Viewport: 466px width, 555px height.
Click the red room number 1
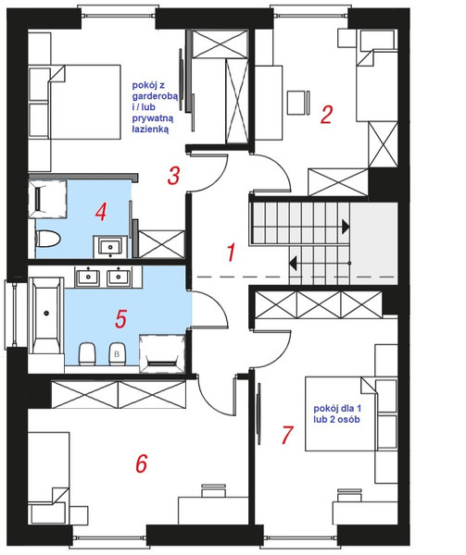pyautogui.click(x=231, y=253)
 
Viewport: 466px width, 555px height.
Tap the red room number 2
pyautogui.click(x=326, y=114)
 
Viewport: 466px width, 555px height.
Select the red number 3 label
pyautogui.click(x=173, y=176)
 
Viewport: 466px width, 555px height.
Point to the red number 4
pyautogui.click(x=101, y=213)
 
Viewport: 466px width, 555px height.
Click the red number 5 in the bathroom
pyautogui.click(x=120, y=318)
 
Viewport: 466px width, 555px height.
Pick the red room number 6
pyautogui.click(x=142, y=463)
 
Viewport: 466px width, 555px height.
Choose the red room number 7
pyautogui.click(x=286, y=435)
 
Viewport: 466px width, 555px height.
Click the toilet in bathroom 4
pyautogui.click(x=48, y=239)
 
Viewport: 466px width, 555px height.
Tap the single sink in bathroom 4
pyautogui.click(x=110, y=246)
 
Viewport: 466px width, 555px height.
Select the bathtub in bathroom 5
pyautogui.click(x=46, y=315)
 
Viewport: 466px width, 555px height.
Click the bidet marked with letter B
pyautogui.click(x=117, y=353)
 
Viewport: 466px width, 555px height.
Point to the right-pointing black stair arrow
pyautogui.click(x=346, y=227)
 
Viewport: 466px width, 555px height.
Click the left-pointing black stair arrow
pyautogui.click(x=293, y=264)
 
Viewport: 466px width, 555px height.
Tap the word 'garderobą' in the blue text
pyautogui.click(x=155, y=96)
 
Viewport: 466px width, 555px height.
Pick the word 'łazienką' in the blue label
pyautogui.click(x=150, y=129)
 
